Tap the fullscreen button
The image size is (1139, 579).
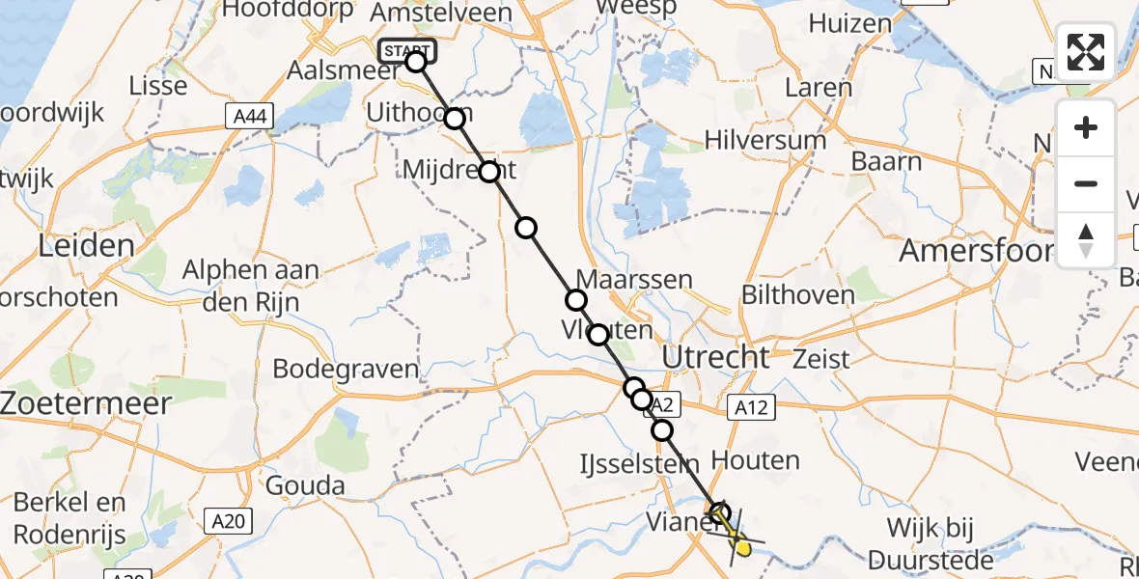tap(1086, 52)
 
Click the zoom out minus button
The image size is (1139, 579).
tap(1086, 183)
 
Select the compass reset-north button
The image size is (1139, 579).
tap(1086, 240)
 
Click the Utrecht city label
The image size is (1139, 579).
tap(715, 357)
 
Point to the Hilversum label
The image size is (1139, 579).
tap(764, 140)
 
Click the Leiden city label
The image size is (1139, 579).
tap(86, 245)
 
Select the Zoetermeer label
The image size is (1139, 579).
tap(86, 402)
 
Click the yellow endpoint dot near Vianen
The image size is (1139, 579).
tap(743, 548)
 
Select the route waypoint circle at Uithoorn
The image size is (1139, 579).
tap(454, 119)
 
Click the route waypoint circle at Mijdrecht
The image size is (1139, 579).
tap(489, 173)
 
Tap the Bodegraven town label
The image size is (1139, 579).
tap(346, 369)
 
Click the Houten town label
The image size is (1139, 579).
tap(755, 460)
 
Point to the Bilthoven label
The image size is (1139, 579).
tap(797, 294)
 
